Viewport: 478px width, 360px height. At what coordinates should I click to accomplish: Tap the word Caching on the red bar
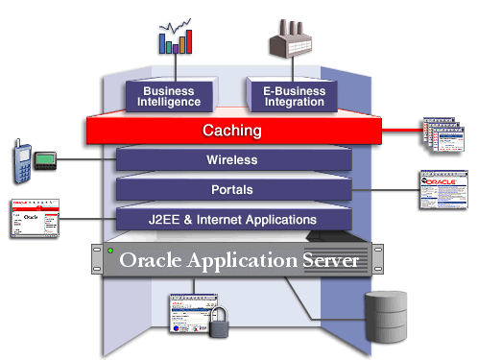(x=232, y=130)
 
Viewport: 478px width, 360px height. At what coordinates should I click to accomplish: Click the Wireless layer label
(x=232, y=159)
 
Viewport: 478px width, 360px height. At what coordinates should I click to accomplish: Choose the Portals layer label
(x=232, y=189)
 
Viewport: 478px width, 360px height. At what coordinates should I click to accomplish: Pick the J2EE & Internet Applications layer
(x=232, y=219)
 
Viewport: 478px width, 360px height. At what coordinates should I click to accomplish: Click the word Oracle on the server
(x=157, y=260)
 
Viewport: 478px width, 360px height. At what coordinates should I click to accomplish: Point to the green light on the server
(x=111, y=252)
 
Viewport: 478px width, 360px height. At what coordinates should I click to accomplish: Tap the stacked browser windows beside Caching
(x=446, y=138)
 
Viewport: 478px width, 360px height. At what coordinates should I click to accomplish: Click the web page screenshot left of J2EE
(x=35, y=220)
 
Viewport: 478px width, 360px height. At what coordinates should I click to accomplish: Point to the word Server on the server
(x=329, y=260)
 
